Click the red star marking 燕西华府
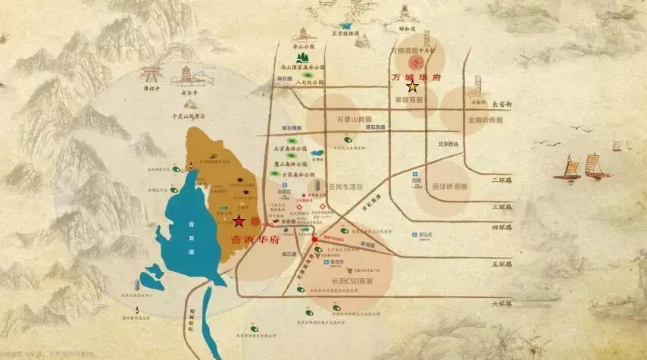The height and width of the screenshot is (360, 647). coord(239,221)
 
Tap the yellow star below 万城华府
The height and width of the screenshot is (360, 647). coord(412,87)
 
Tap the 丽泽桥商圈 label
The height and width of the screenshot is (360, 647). coord(449,186)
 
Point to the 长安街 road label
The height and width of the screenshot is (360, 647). coord(502,104)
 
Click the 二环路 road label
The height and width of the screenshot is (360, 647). coord(501,180)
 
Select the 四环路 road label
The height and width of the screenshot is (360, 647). coord(501,226)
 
